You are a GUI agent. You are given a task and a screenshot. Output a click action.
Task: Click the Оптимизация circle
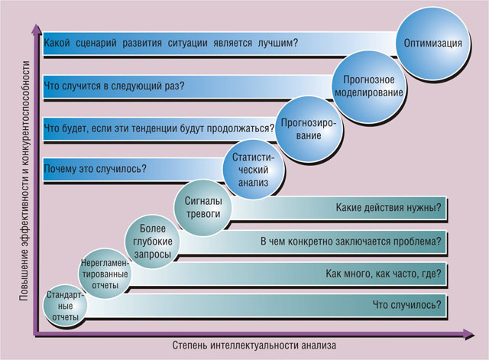433,44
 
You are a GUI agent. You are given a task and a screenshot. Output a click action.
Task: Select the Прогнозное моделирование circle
368,86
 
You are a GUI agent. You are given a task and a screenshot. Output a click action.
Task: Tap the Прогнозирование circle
309,129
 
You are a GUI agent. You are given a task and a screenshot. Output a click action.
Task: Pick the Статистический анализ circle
253,170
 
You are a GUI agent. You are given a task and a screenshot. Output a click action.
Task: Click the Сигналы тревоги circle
203,207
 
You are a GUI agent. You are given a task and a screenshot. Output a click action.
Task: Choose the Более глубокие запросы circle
153,242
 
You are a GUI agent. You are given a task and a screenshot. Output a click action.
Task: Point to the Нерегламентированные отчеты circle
105,274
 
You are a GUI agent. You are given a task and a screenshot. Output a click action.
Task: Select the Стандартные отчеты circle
65,306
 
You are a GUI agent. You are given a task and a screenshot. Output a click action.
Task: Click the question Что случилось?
407,305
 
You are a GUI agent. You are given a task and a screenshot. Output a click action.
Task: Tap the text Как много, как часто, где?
384,274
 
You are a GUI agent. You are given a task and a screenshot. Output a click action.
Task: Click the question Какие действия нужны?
389,207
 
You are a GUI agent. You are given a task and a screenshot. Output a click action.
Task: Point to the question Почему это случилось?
95,169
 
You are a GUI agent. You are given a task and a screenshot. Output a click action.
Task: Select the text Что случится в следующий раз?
114,86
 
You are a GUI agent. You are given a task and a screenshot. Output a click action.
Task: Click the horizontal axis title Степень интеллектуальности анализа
254,345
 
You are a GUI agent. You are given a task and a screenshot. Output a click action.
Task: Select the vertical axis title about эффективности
26,181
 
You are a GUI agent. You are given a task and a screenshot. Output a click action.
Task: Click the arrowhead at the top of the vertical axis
37,28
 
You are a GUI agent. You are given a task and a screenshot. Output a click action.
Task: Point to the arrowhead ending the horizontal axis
468,335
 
